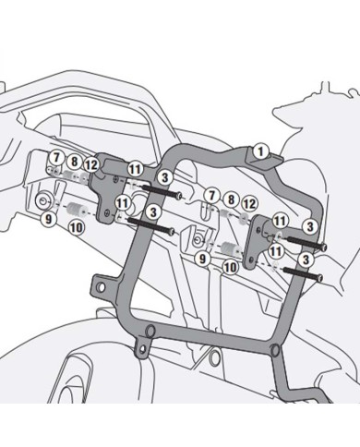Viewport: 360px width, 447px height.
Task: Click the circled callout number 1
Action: (x=259, y=150)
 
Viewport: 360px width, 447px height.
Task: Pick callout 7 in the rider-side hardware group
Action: (x=213, y=195)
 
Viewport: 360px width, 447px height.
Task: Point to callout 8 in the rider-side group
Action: (x=231, y=198)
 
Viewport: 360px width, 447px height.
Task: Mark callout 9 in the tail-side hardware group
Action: (x=44, y=218)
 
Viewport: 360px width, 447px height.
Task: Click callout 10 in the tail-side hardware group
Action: (x=74, y=226)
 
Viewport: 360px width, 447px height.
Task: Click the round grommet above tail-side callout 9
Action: (x=43, y=200)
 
